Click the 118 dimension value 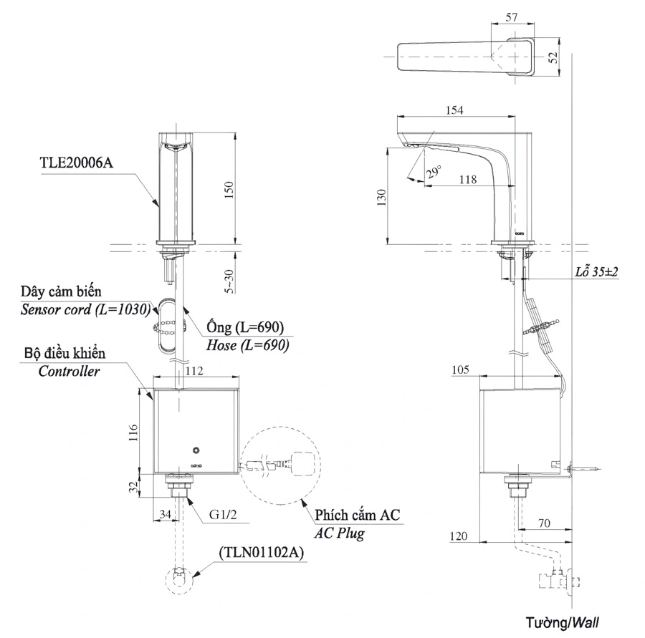point(467,180)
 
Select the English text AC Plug point(340,534)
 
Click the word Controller point(69,372)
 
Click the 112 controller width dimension point(194,371)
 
